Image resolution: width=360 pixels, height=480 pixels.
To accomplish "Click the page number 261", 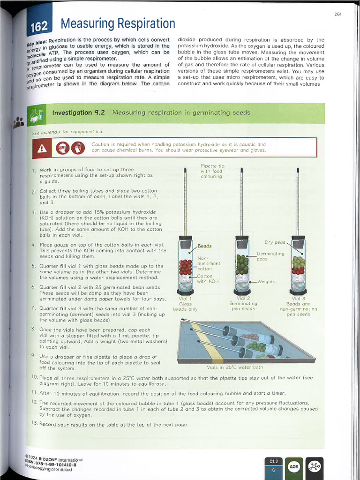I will point(338,14).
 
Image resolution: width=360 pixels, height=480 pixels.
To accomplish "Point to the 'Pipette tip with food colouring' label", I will point(212,171).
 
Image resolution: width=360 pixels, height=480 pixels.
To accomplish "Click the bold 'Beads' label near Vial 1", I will point(205,246).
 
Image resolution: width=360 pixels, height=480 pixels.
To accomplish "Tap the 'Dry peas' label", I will point(275,242).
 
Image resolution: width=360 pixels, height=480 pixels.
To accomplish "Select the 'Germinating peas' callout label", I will point(270,256).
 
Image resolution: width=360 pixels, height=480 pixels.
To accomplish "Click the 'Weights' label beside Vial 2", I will point(267,282).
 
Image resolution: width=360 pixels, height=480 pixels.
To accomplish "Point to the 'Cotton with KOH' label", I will point(205,278).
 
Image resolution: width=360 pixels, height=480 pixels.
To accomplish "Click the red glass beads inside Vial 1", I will point(186,267).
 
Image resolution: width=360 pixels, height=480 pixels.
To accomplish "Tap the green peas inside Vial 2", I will point(242,264).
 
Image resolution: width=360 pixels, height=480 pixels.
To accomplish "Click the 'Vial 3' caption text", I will point(298,298).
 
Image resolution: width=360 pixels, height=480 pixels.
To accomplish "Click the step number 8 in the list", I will point(33,329).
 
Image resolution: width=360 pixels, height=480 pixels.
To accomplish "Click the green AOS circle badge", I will point(294,466).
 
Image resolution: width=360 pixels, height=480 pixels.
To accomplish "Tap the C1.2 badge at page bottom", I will point(273,462).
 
